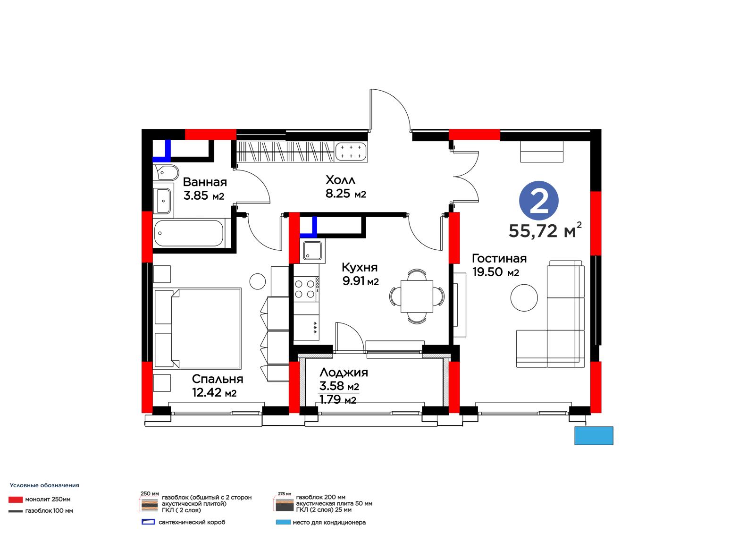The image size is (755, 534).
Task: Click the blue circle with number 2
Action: [x=538, y=201]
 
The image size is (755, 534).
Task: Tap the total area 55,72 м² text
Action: [x=545, y=230]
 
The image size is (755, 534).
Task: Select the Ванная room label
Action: [x=205, y=182]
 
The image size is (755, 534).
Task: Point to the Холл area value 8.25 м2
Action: [x=346, y=194]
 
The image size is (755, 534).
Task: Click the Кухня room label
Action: [x=360, y=267]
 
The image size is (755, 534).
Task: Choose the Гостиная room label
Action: [x=499, y=258]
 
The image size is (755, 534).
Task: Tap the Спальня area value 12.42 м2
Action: [x=214, y=392]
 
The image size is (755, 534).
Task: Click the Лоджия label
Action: [x=344, y=373]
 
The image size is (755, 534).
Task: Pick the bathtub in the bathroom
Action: [x=189, y=233]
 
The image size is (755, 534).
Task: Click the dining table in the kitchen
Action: [x=417, y=296]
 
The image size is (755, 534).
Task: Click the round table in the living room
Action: [x=524, y=298]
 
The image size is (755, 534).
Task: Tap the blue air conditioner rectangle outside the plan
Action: [x=594, y=436]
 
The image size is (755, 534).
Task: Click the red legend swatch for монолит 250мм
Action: [x=16, y=500]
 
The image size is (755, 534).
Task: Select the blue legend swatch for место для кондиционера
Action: [x=283, y=522]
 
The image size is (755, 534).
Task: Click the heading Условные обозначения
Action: [x=44, y=485]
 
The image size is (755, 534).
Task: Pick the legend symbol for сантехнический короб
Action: [x=148, y=522]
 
